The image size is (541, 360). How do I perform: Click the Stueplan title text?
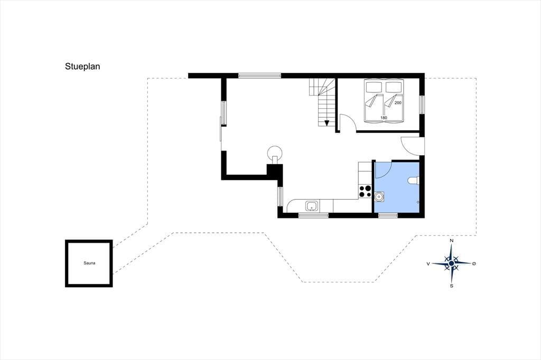coord(82,67)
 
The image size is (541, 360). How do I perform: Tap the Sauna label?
coord(89,263)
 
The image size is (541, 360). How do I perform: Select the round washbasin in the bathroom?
coord(379,196)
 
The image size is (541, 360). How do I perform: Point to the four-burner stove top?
coord(365,192)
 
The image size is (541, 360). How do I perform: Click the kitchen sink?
coord(312,206)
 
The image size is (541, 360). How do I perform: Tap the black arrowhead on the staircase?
coord(327,123)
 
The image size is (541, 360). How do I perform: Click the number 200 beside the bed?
coord(398,103)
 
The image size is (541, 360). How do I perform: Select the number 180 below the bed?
coord(384,118)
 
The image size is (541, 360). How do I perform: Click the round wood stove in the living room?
coord(275,153)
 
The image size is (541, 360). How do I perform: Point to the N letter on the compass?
coord(452,241)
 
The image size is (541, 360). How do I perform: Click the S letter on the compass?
coord(452,286)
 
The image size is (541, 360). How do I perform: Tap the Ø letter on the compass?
coord(474,263)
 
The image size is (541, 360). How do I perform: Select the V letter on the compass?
coord(428,264)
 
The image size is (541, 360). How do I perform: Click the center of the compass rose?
coord(451,263)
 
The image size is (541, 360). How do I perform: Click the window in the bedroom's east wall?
coord(422,104)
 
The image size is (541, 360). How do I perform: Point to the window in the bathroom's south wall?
coord(388,215)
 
